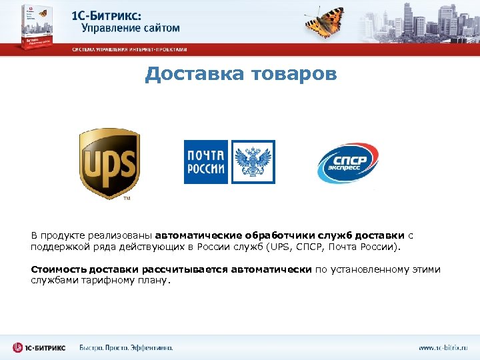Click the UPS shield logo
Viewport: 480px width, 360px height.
[x=109, y=163]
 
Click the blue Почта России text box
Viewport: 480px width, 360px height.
[x=206, y=162]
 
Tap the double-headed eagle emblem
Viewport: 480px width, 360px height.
[x=253, y=162]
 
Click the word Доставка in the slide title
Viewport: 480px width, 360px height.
[x=193, y=74]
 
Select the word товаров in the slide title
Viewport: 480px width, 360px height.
[x=293, y=74]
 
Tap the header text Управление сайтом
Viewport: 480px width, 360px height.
[x=131, y=28]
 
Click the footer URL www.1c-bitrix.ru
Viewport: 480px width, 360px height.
[x=443, y=347]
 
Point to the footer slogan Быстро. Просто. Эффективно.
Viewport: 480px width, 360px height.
[x=126, y=347]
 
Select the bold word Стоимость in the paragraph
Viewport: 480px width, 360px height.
[x=55, y=270]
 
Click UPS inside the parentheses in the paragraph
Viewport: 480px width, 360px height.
[x=280, y=247]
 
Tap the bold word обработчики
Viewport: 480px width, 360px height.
[x=266, y=235]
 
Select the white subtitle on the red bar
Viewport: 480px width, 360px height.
[x=130, y=49]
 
